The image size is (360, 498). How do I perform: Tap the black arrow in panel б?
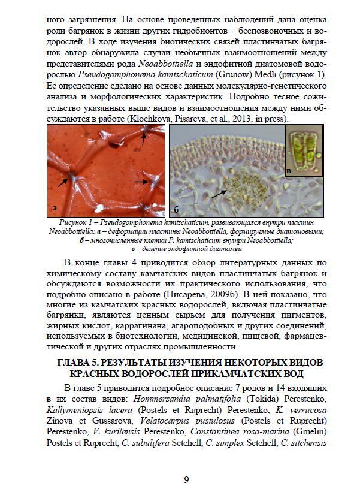pos(219,192)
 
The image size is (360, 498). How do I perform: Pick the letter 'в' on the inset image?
pos(289,171)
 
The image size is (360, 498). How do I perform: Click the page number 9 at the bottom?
pos(186,479)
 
